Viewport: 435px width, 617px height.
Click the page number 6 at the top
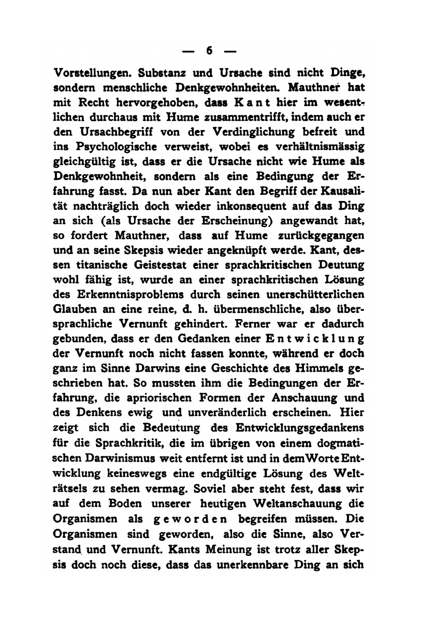(210, 51)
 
